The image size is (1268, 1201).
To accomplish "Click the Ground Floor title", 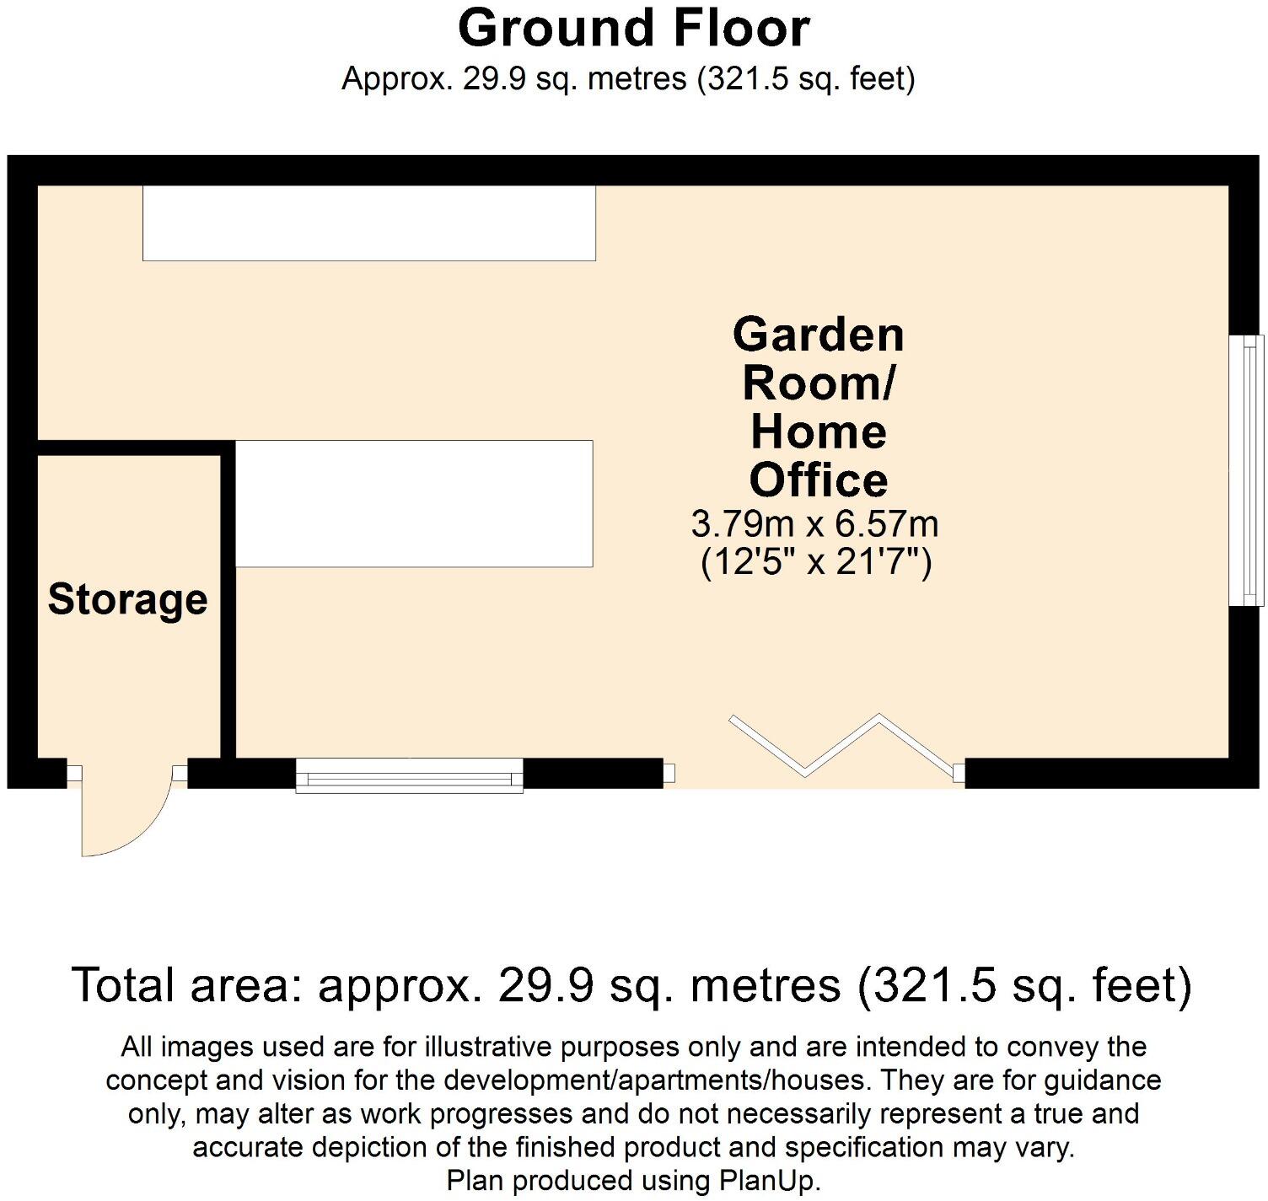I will click(x=633, y=28).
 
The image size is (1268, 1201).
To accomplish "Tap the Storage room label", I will click(x=127, y=599).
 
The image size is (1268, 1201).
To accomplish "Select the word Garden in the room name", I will click(x=818, y=335).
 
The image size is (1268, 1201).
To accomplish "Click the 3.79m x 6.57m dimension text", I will click(x=814, y=524).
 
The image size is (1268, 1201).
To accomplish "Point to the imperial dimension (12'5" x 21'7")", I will click(x=816, y=562).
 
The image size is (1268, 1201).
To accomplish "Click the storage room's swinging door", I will click(x=122, y=813).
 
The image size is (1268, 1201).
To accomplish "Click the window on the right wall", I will click(x=1247, y=470).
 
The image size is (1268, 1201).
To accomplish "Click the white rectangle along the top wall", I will click(x=369, y=223).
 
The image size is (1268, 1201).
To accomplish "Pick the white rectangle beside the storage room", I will click(x=413, y=503).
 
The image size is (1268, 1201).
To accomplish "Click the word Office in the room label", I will click(x=818, y=480).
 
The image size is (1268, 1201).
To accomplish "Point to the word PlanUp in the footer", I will click(x=769, y=1181).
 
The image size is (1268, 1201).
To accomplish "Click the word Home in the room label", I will click(x=818, y=432).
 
